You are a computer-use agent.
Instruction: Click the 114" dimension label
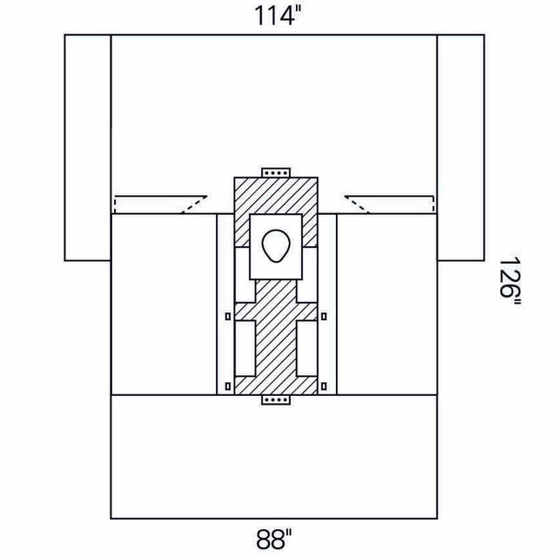pyautogui.click(x=276, y=15)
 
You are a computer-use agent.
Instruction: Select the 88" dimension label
pyautogui.click(x=276, y=541)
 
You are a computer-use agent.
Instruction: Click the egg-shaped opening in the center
pyautogui.click(x=276, y=246)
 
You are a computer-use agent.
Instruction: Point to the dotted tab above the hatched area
pyautogui.click(x=276, y=171)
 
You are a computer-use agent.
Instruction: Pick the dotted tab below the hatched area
pyautogui.click(x=276, y=401)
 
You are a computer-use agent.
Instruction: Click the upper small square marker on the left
pyautogui.click(x=228, y=316)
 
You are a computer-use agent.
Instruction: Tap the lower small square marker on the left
pyautogui.click(x=228, y=385)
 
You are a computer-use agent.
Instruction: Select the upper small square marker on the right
pyautogui.click(x=324, y=316)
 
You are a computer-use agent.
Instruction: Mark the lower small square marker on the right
pyautogui.click(x=324, y=385)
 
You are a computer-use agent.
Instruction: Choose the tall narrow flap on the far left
pyautogui.click(x=88, y=147)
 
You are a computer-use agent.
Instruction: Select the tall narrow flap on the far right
pyautogui.click(x=460, y=147)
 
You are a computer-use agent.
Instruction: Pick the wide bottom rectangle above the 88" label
pyautogui.click(x=276, y=456)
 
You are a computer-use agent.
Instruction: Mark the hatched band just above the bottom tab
pyautogui.click(x=276, y=386)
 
